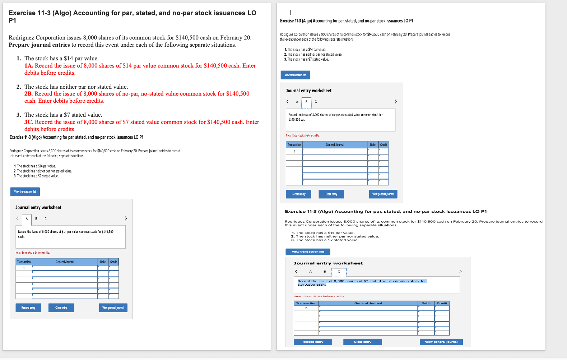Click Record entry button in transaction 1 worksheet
click(28, 308)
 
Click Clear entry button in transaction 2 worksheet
click(331, 194)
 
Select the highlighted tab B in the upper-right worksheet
click(306, 102)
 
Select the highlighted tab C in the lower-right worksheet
click(339, 272)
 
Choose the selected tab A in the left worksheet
click(27, 219)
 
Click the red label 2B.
click(28, 94)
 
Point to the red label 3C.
click(29, 122)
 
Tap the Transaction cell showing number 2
click(294, 151)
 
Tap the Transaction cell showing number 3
click(306, 308)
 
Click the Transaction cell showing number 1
click(24, 268)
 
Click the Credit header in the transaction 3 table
click(442, 304)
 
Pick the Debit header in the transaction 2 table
click(373, 145)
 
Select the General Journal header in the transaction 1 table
click(65, 262)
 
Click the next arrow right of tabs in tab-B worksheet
click(395, 102)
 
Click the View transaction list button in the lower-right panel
click(308, 252)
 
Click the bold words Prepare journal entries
click(39, 45)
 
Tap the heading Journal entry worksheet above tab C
click(328, 263)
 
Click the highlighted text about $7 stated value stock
click(362, 283)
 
